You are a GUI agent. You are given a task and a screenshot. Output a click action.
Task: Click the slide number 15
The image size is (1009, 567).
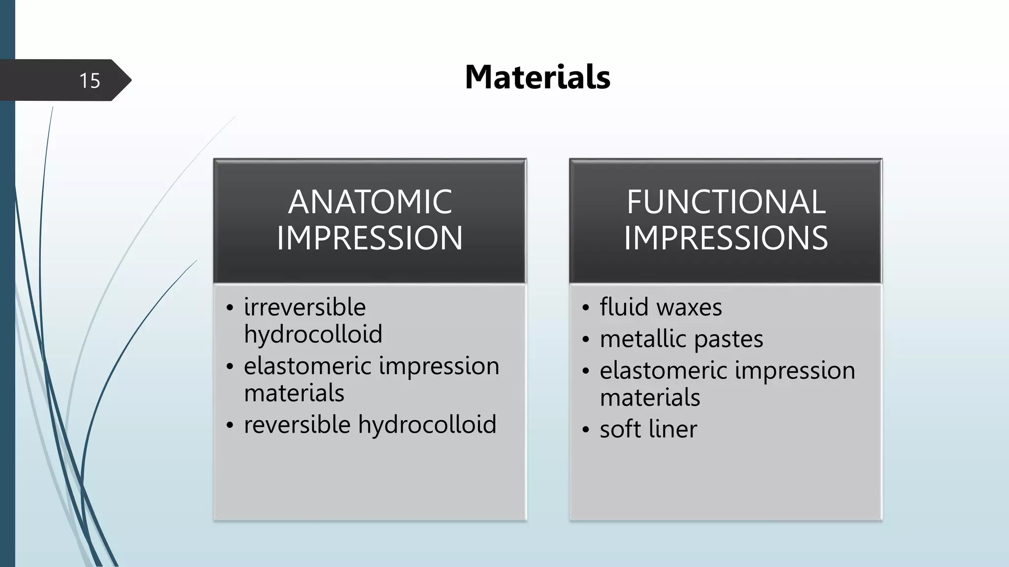[90, 80]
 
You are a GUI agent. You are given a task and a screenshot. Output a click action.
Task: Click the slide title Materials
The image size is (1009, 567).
[538, 77]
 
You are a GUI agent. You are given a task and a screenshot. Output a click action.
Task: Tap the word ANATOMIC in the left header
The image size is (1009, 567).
[370, 202]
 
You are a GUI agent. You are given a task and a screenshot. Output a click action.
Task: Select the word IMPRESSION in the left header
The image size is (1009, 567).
[370, 238]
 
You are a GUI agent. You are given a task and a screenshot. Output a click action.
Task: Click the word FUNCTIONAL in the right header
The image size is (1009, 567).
[726, 202]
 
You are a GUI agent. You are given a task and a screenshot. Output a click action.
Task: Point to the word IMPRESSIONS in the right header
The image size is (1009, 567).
[726, 238]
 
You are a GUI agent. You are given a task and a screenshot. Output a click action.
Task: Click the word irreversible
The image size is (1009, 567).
[304, 307]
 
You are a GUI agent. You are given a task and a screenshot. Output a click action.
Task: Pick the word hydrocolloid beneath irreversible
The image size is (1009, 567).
[313, 334]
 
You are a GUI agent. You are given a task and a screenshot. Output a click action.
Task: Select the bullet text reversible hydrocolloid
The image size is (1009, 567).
[370, 424]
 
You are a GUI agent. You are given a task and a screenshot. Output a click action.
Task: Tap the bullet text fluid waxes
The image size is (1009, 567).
[661, 307]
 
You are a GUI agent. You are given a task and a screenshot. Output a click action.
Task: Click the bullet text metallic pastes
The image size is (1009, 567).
[681, 339]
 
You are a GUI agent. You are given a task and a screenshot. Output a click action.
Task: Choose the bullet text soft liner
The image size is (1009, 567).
[648, 429]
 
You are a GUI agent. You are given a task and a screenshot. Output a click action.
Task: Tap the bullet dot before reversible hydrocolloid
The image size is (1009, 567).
[230, 425]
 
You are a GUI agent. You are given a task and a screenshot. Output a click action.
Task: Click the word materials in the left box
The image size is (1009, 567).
[294, 393]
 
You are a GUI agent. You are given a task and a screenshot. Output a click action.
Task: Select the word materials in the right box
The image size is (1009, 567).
[650, 397]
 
